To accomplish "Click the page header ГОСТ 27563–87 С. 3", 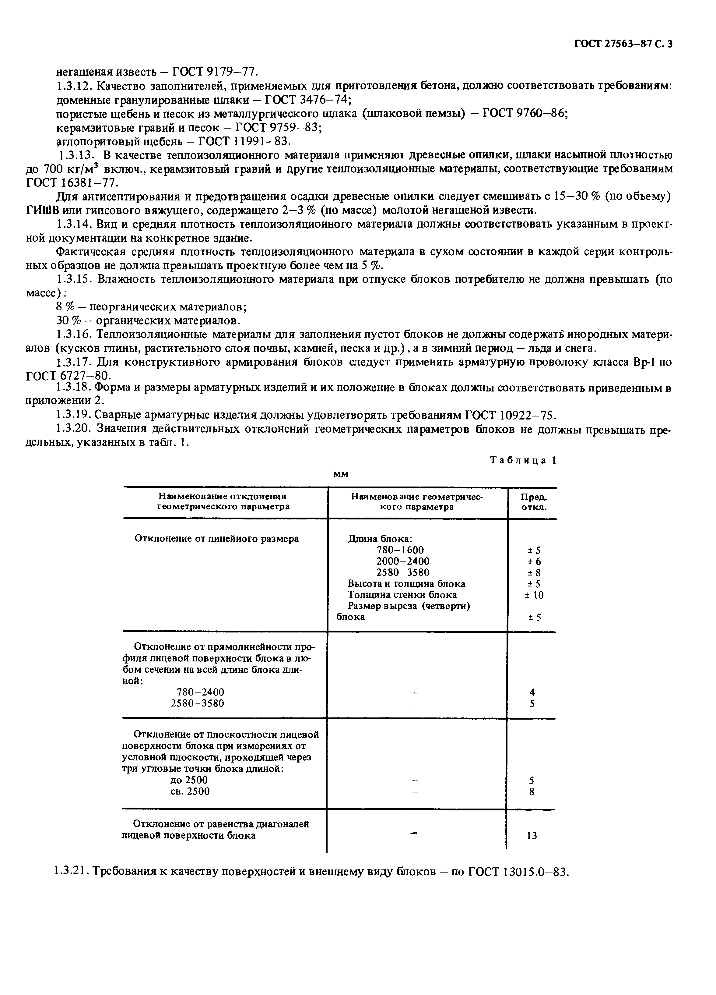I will [x=623, y=44].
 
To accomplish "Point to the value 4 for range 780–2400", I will [x=532, y=692].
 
